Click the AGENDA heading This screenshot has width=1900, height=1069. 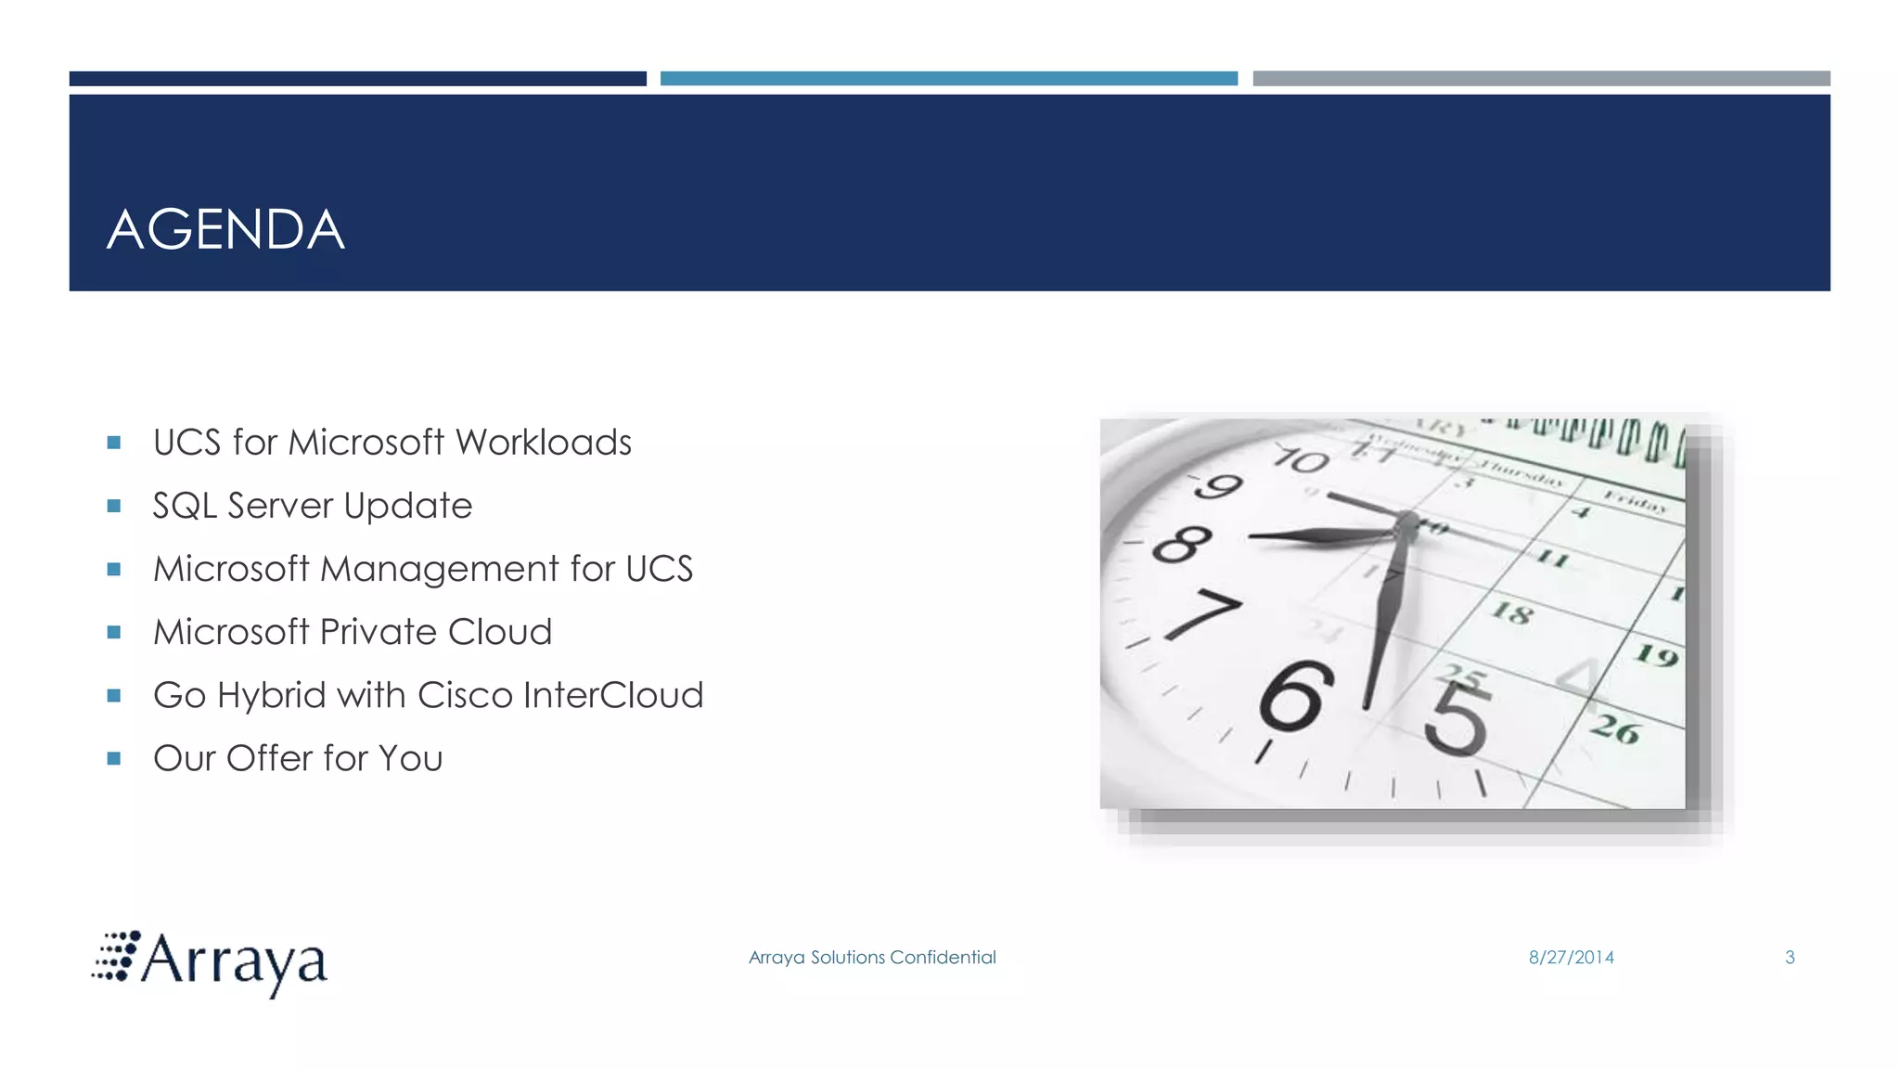tap(225, 230)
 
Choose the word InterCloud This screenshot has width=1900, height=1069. tap(613, 695)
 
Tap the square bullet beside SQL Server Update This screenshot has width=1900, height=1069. tap(114, 506)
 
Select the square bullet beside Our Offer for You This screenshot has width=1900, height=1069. tap(114, 758)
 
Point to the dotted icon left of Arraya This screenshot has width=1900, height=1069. tap(116, 956)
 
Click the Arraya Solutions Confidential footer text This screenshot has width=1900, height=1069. tap(872, 958)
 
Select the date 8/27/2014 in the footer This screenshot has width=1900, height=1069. tap(1571, 958)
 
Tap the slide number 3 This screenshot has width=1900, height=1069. tap(1790, 958)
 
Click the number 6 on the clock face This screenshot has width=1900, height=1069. tap(1295, 697)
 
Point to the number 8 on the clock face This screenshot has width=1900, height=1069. tap(1181, 544)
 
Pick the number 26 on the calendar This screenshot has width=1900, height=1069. tap(1616, 729)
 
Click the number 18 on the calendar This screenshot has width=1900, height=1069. tap(1511, 612)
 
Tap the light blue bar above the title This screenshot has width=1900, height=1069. tap(948, 79)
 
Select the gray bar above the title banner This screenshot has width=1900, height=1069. tap(1541, 79)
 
